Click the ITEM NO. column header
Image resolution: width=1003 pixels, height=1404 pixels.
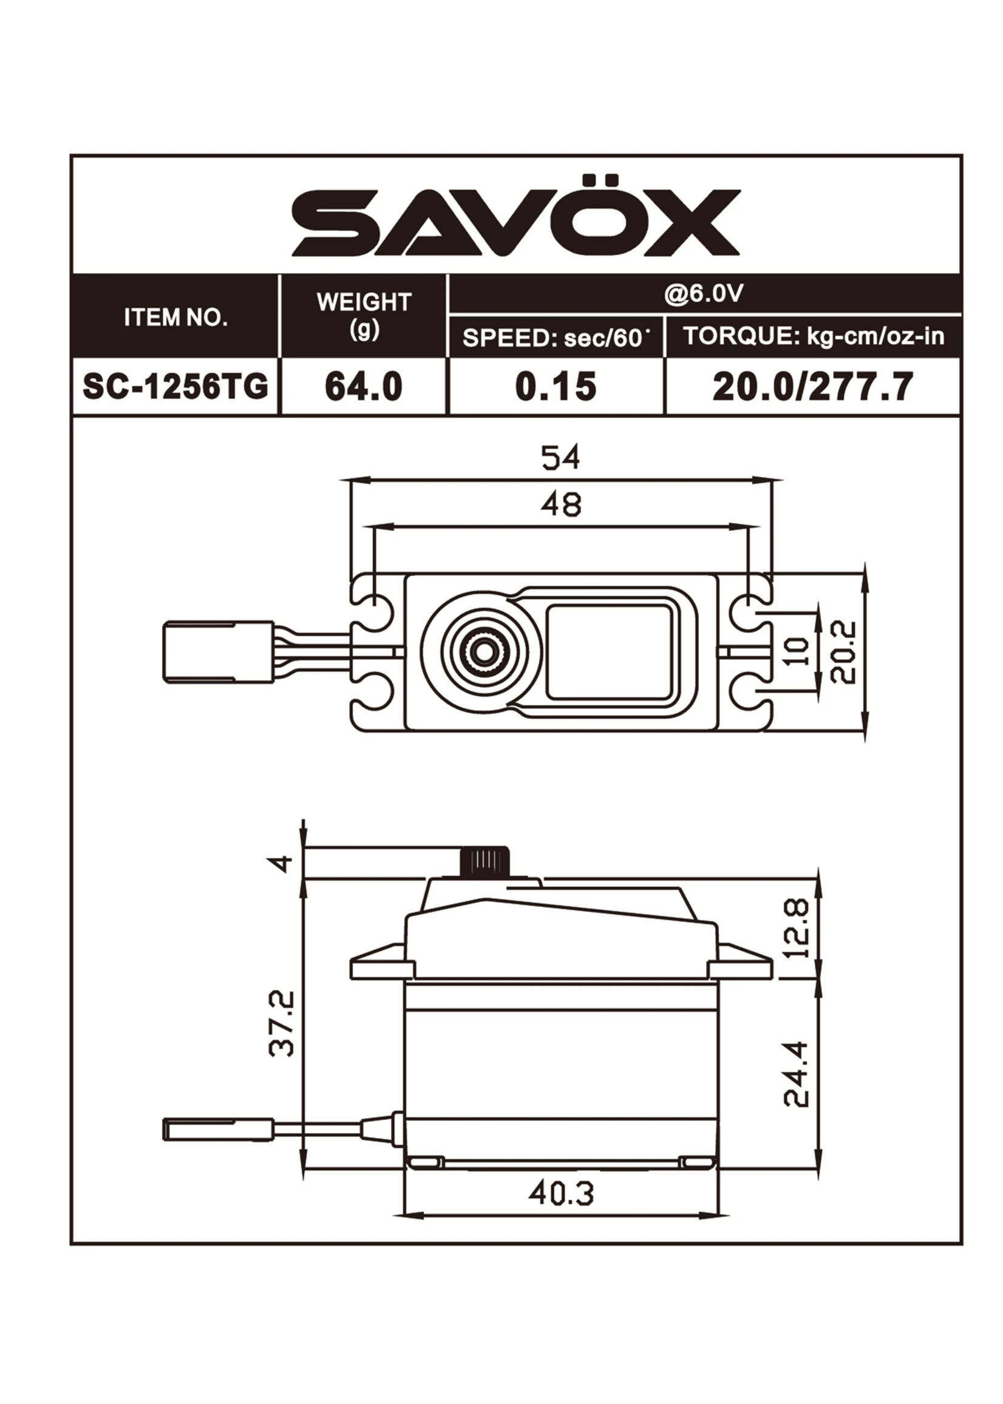tap(176, 317)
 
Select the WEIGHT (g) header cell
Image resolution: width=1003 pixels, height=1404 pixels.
tap(364, 315)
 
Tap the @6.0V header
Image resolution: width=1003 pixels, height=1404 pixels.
tap(704, 294)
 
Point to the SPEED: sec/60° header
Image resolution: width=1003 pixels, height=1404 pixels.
tap(556, 337)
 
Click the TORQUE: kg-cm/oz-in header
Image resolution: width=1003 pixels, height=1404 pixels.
tap(814, 336)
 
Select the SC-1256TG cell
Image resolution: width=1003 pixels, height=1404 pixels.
tap(176, 387)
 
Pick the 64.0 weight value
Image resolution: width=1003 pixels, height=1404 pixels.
tap(364, 387)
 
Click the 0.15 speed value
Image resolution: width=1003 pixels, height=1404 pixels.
tap(556, 387)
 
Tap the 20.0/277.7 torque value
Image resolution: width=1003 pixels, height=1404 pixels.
tap(813, 387)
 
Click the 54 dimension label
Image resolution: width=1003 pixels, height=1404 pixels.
tap(560, 458)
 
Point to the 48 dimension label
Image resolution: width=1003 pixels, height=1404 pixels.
tap(560, 505)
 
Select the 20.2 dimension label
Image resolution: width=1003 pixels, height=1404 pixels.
tap(844, 652)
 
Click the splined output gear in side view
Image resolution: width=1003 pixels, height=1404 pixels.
tap(485, 861)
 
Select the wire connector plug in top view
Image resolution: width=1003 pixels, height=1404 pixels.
tap(218, 652)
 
